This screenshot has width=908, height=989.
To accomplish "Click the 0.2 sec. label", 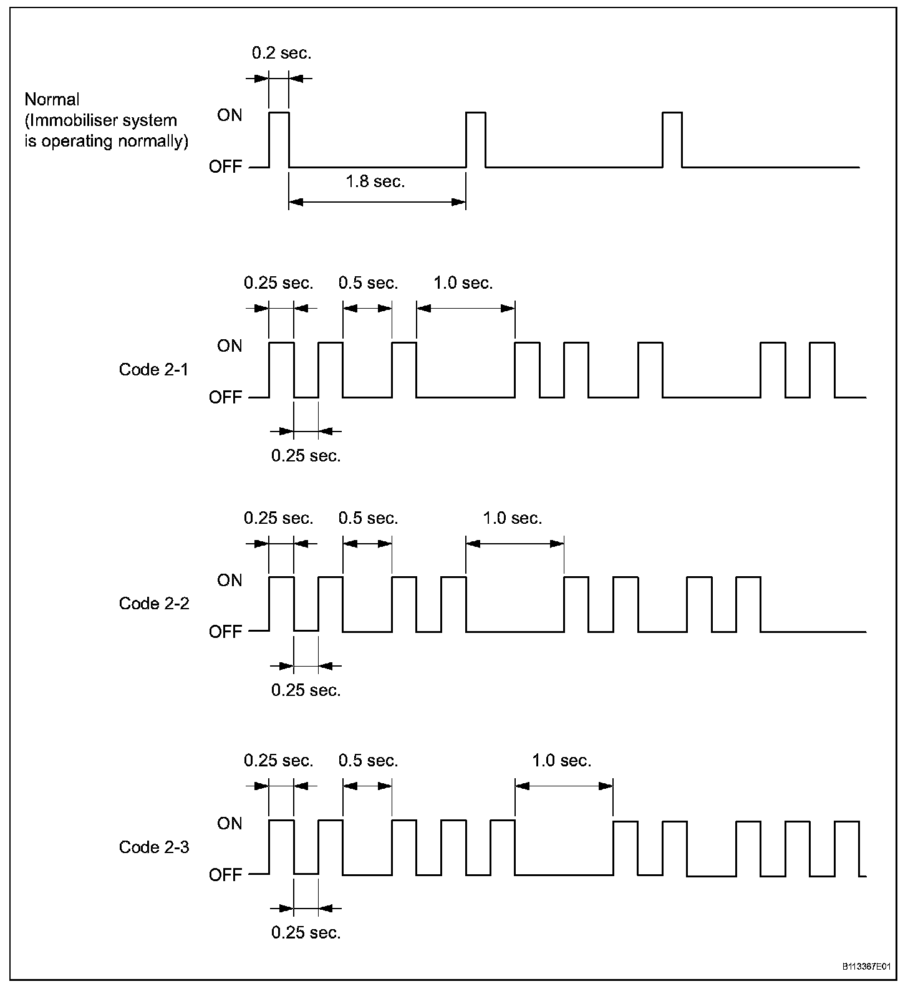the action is (281, 53).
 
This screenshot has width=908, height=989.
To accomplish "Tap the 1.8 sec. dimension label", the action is (375, 181).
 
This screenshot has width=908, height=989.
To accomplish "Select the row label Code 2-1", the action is (153, 370).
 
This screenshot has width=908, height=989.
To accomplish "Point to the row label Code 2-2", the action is (154, 604).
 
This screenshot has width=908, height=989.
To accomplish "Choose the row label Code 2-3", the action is (154, 847).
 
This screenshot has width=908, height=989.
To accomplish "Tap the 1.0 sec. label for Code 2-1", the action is (463, 283).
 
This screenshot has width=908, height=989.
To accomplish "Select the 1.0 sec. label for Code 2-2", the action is (512, 518).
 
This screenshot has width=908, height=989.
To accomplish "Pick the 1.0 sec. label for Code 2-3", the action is (561, 761).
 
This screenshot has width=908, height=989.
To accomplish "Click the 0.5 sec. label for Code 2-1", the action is (368, 283).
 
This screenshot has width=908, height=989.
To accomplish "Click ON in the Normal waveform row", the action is (229, 115).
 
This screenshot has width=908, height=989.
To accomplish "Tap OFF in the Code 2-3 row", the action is (225, 875).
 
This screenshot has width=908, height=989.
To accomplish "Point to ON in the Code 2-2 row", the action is (229, 581).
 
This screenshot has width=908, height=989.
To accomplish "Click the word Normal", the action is (52, 100).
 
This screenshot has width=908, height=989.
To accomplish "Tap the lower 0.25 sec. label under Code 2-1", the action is (306, 456).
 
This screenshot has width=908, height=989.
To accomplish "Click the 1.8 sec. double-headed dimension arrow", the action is (377, 202).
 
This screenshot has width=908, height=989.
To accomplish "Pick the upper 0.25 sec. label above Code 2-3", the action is (278, 761).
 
